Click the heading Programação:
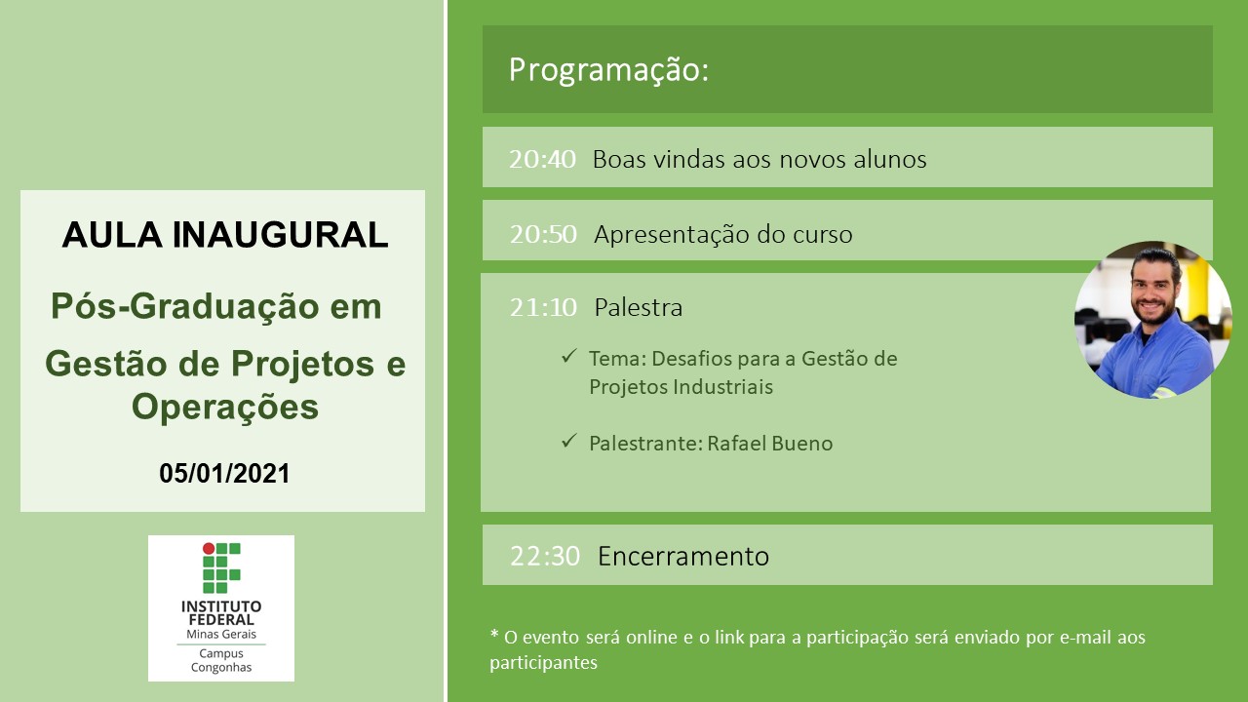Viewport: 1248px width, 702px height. click(608, 71)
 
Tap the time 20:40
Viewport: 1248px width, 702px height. click(542, 159)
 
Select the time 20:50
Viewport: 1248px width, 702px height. click(543, 235)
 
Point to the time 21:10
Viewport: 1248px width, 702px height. click(543, 307)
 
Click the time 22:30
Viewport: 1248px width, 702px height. click(545, 557)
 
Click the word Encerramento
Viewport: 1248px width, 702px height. click(683, 557)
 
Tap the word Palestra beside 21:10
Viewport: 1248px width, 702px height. click(639, 307)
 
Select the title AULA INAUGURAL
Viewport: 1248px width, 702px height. click(225, 235)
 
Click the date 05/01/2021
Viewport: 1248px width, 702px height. click(224, 474)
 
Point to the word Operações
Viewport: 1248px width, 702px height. click(225, 408)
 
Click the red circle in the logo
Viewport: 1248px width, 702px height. click(209, 548)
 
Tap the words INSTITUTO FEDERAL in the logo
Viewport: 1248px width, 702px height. click(221, 613)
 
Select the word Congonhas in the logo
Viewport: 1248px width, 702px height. click(221, 668)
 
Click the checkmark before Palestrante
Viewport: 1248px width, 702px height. click(568, 441)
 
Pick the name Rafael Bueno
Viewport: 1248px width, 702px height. click(770, 444)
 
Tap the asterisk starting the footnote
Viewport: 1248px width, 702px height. click(494, 634)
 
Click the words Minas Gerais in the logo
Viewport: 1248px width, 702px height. click(221, 634)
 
